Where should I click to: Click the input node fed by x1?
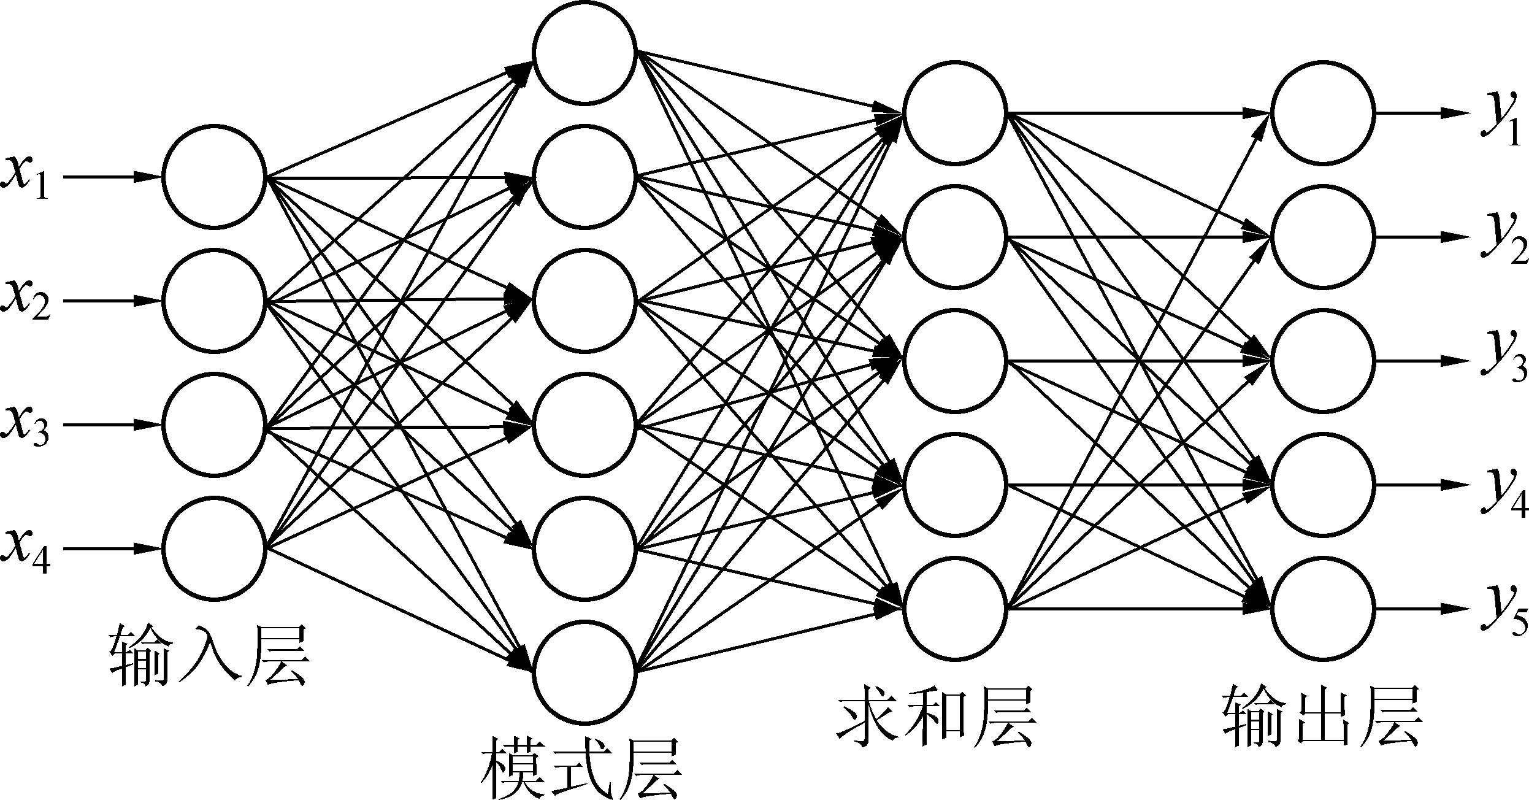coord(214,177)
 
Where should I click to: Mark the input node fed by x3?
coord(214,425)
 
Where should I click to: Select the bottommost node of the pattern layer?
coord(584,671)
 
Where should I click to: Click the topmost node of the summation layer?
coord(954,113)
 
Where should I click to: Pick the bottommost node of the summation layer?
coord(954,609)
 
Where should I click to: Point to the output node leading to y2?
coord(1322,237)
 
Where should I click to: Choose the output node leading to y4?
coord(1322,485)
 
